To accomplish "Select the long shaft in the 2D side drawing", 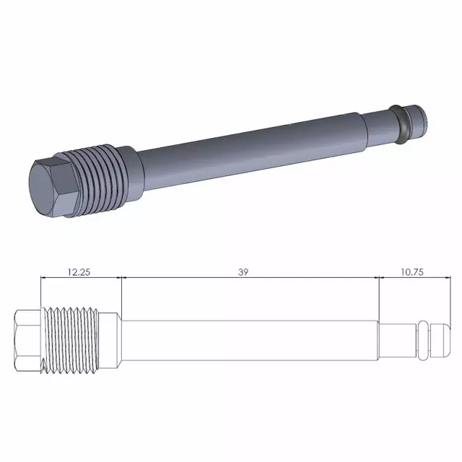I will pos(249,340).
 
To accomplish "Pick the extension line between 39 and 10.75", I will pos(379,297).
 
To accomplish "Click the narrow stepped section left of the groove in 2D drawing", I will pos(398,340).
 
